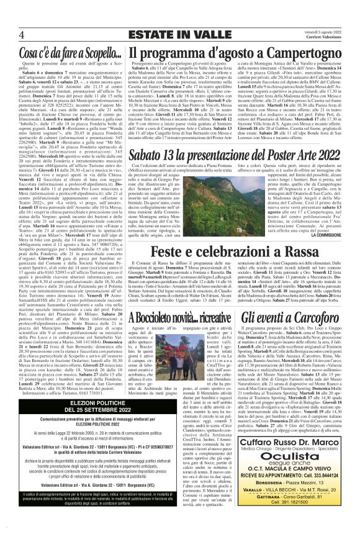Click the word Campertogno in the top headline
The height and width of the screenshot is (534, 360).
(x=304, y=50)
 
